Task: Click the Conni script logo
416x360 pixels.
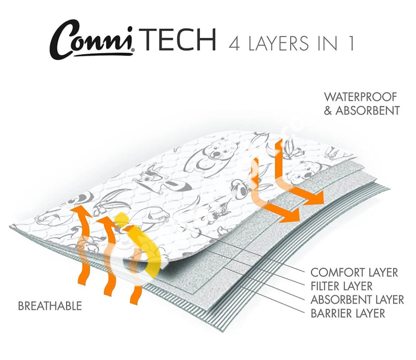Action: click(x=92, y=41)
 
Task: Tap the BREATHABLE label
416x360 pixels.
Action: click(x=50, y=306)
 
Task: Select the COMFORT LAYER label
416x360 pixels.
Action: click(x=354, y=272)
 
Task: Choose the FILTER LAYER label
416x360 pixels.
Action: click(x=341, y=286)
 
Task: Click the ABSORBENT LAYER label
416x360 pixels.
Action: click(x=357, y=300)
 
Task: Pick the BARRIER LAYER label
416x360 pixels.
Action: click(x=348, y=313)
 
